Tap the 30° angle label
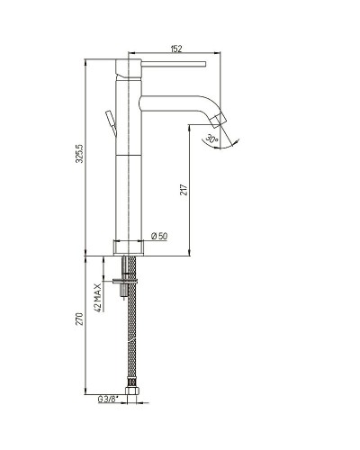coord(211,139)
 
